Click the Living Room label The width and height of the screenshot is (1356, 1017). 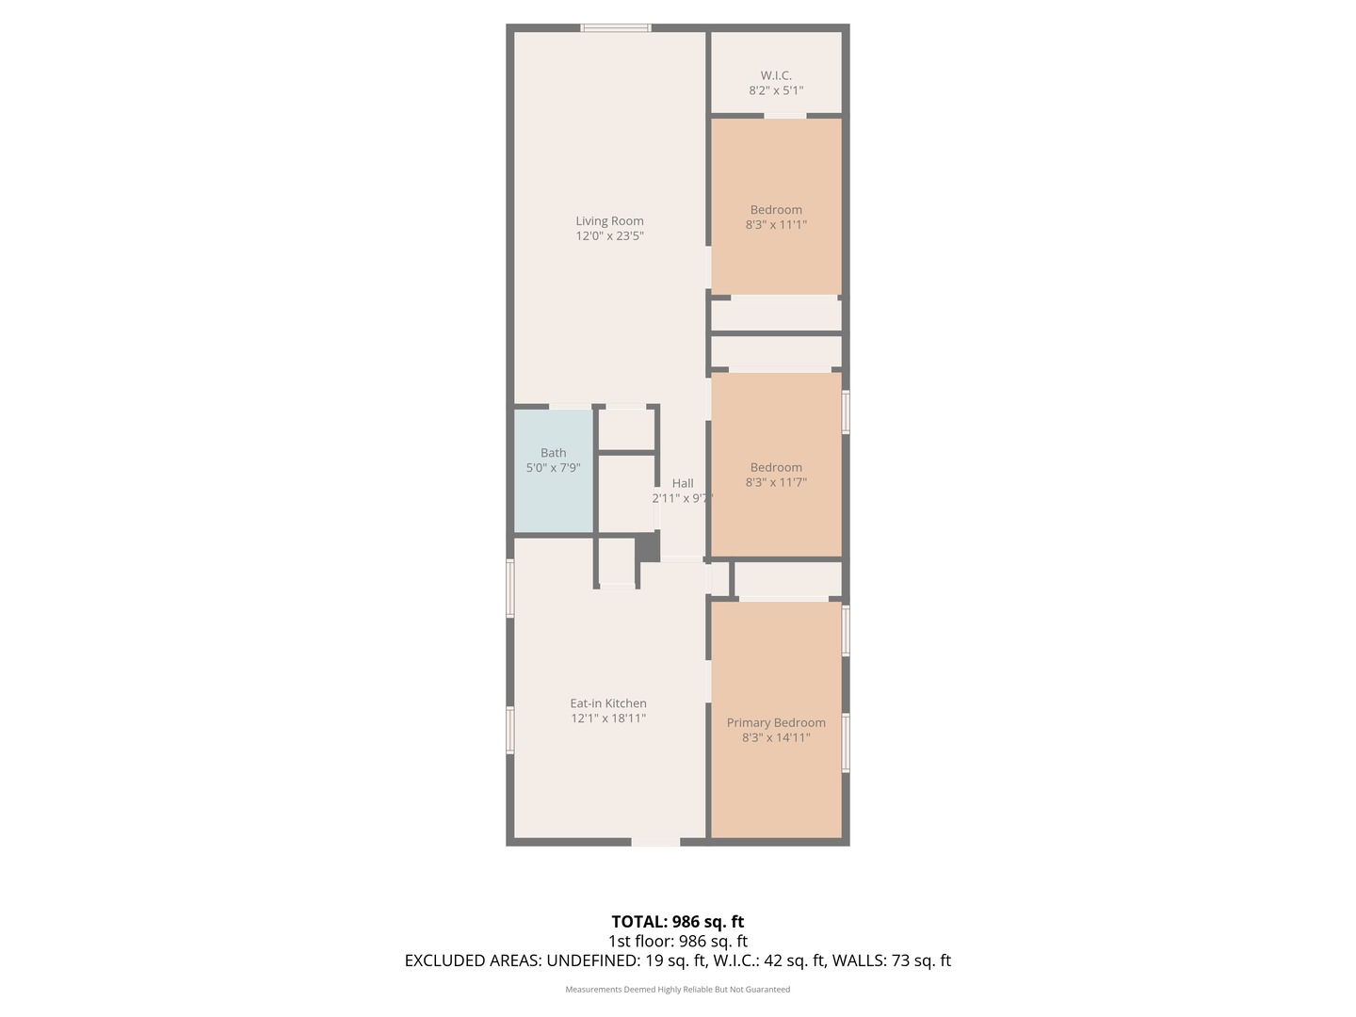[x=609, y=221]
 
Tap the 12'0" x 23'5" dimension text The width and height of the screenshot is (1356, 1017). [x=609, y=236]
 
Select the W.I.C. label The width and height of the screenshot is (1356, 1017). [x=776, y=75]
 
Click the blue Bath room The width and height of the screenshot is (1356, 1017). [x=553, y=490]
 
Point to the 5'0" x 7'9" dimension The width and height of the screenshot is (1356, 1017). [x=553, y=468]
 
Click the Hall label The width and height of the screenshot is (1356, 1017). [x=683, y=483]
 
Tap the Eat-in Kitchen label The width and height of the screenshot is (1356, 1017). [x=608, y=703]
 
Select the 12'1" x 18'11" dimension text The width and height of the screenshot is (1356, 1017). [x=608, y=718]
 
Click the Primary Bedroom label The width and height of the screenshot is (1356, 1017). [x=776, y=723]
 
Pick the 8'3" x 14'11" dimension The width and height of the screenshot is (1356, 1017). [x=776, y=738]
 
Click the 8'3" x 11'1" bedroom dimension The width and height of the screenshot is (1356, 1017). [x=776, y=225]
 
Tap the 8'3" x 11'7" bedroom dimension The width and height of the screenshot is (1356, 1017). [x=776, y=482]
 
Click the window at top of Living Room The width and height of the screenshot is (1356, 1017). [x=616, y=28]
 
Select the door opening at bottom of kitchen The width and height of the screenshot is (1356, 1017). [x=655, y=841]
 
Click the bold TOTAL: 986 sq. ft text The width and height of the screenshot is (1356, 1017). [x=677, y=922]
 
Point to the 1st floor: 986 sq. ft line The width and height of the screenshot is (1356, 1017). [x=677, y=941]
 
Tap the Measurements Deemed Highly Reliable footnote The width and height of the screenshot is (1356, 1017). [x=677, y=990]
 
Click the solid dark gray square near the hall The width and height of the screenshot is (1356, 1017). [x=648, y=548]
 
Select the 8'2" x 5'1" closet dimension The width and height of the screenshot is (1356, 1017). [x=776, y=90]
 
